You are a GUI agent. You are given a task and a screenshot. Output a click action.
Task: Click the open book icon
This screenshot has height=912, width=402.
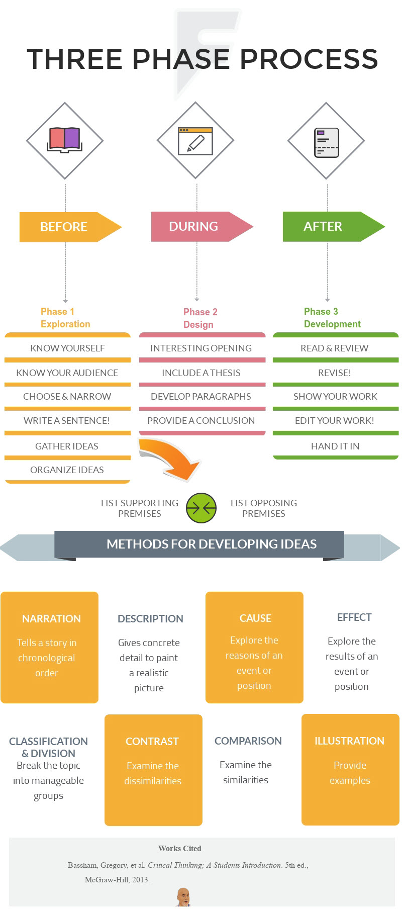click(64, 140)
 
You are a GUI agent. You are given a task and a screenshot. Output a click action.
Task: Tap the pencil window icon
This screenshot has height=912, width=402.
click(195, 141)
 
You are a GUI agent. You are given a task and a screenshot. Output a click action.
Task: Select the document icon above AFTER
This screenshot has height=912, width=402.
click(326, 142)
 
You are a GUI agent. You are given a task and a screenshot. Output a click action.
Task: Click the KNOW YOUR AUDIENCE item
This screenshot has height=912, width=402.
click(67, 373)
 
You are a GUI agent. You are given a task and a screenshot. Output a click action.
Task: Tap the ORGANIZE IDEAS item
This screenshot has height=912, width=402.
click(67, 470)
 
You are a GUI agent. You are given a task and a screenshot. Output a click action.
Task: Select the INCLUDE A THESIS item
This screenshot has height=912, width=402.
click(201, 373)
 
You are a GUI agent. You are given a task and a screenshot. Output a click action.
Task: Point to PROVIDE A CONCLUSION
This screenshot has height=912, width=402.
click(201, 420)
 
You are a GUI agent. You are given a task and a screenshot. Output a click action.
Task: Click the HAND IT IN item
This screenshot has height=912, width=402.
click(335, 446)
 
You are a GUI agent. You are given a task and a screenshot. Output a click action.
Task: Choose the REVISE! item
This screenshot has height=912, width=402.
click(335, 373)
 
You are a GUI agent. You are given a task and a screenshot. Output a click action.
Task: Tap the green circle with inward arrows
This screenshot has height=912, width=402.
click(201, 508)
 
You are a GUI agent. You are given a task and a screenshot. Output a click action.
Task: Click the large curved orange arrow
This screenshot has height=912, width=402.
click(171, 458)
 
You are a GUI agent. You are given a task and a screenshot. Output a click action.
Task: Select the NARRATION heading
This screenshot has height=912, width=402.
click(51, 618)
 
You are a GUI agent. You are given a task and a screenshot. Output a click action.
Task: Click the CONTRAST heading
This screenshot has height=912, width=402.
click(152, 741)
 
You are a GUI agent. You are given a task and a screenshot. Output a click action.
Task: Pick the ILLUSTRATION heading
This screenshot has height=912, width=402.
click(349, 741)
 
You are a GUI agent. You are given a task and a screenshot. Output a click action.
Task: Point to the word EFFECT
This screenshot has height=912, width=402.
click(354, 617)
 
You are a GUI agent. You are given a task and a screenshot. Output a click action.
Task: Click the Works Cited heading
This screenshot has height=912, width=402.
click(180, 848)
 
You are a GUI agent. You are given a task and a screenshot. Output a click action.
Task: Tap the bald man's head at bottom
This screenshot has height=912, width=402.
click(183, 895)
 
